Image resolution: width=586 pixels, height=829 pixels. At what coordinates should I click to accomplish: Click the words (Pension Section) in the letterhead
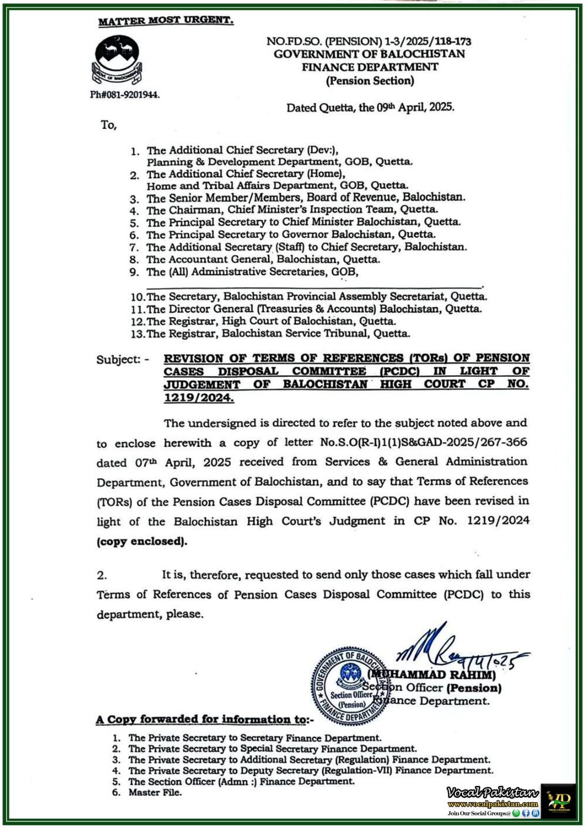tap(370, 81)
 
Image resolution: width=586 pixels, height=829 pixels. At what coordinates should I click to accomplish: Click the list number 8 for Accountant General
tap(134, 260)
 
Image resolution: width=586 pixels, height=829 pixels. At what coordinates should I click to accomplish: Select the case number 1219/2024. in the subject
tap(199, 398)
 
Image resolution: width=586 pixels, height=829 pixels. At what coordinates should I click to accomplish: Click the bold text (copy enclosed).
tap(142, 541)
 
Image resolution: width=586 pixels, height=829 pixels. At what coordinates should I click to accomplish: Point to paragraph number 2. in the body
tap(102, 575)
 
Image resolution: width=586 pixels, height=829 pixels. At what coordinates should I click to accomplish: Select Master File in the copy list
tap(155, 792)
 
